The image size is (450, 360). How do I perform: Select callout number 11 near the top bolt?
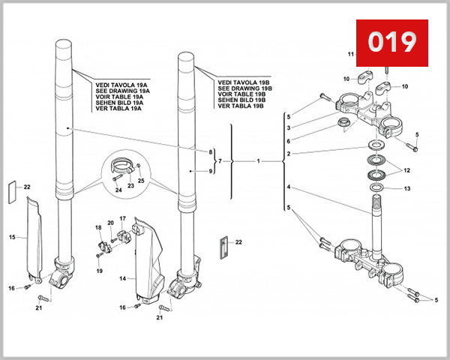tap(350, 55)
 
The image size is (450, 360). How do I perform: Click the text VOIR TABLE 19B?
tap(240, 94)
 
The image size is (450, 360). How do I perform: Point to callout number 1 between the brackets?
tap(257, 161)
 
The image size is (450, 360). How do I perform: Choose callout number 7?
tap(220, 161)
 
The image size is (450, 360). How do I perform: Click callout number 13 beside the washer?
tap(408, 189)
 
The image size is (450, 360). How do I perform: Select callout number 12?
tap(408, 169)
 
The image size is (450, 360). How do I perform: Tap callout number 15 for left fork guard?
tap(12, 237)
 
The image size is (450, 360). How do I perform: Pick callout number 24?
tap(118, 190)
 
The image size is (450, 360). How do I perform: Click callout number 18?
tap(97, 227)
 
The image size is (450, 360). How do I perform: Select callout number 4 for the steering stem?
tap(287, 187)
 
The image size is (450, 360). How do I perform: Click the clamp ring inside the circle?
tap(122, 165)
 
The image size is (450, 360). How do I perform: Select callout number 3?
tap(287, 128)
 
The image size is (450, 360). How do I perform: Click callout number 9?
tap(211, 172)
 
